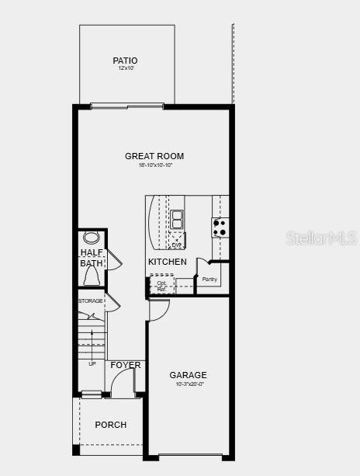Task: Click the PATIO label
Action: click(125, 61)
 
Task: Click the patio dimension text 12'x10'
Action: click(125, 69)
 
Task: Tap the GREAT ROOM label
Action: click(154, 156)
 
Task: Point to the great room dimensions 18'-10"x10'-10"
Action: click(155, 165)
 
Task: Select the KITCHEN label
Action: click(168, 262)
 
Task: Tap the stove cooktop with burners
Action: click(220, 228)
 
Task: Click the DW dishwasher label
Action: click(177, 245)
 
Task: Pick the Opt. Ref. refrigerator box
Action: click(161, 285)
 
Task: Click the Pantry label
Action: click(209, 280)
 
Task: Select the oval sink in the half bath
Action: click(92, 238)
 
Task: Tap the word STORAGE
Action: click(90, 301)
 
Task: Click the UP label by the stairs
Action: click(92, 363)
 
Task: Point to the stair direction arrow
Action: click(92, 342)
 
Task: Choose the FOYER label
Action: click(126, 365)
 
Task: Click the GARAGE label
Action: click(189, 375)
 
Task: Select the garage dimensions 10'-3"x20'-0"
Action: click(189, 384)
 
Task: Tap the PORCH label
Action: click(111, 425)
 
